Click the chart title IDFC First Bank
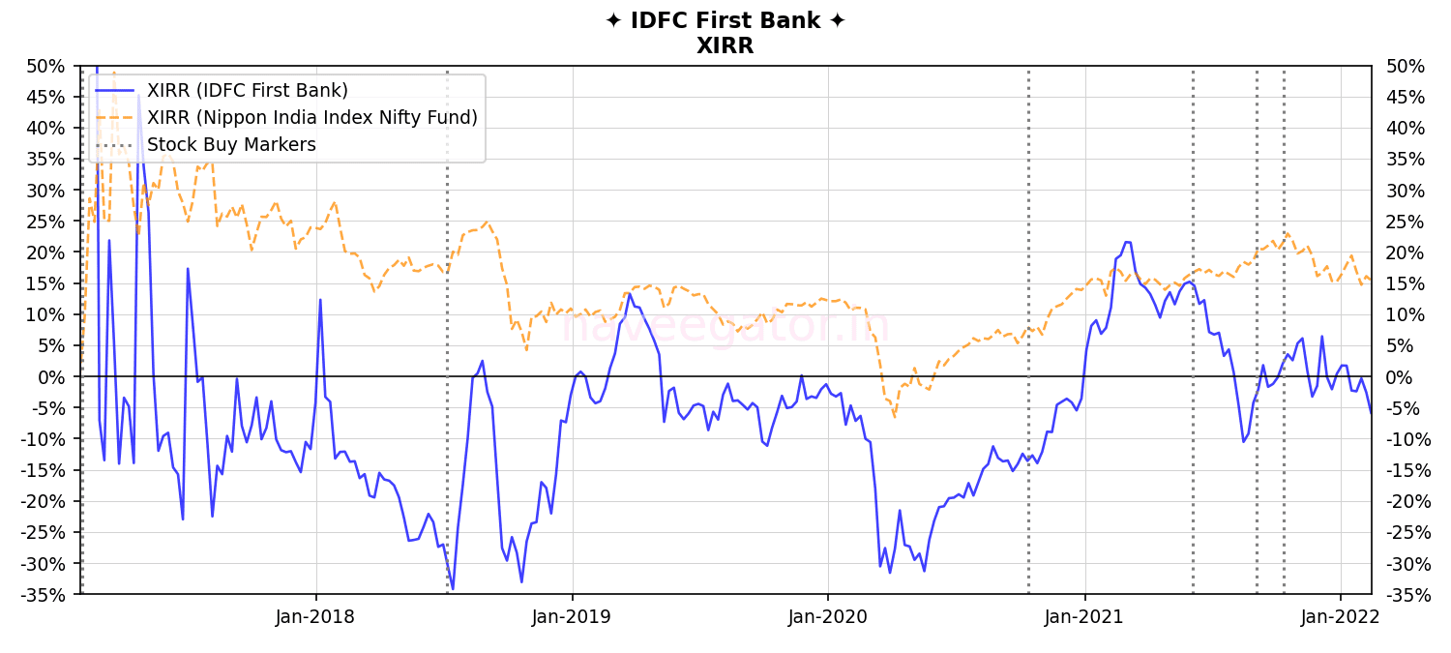point(725,21)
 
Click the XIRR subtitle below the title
point(725,45)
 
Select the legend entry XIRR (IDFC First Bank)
point(247,91)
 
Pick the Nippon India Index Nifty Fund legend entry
point(311,118)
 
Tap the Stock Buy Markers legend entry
point(231,145)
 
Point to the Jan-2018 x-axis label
point(315,617)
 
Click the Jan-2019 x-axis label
point(572,617)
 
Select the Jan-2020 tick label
point(828,617)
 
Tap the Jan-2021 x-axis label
point(1084,617)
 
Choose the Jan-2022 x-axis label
point(1341,617)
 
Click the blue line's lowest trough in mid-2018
point(452,588)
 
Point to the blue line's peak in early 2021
point(1127,242)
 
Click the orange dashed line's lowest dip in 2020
point(894,417)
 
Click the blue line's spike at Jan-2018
point(320,300)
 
